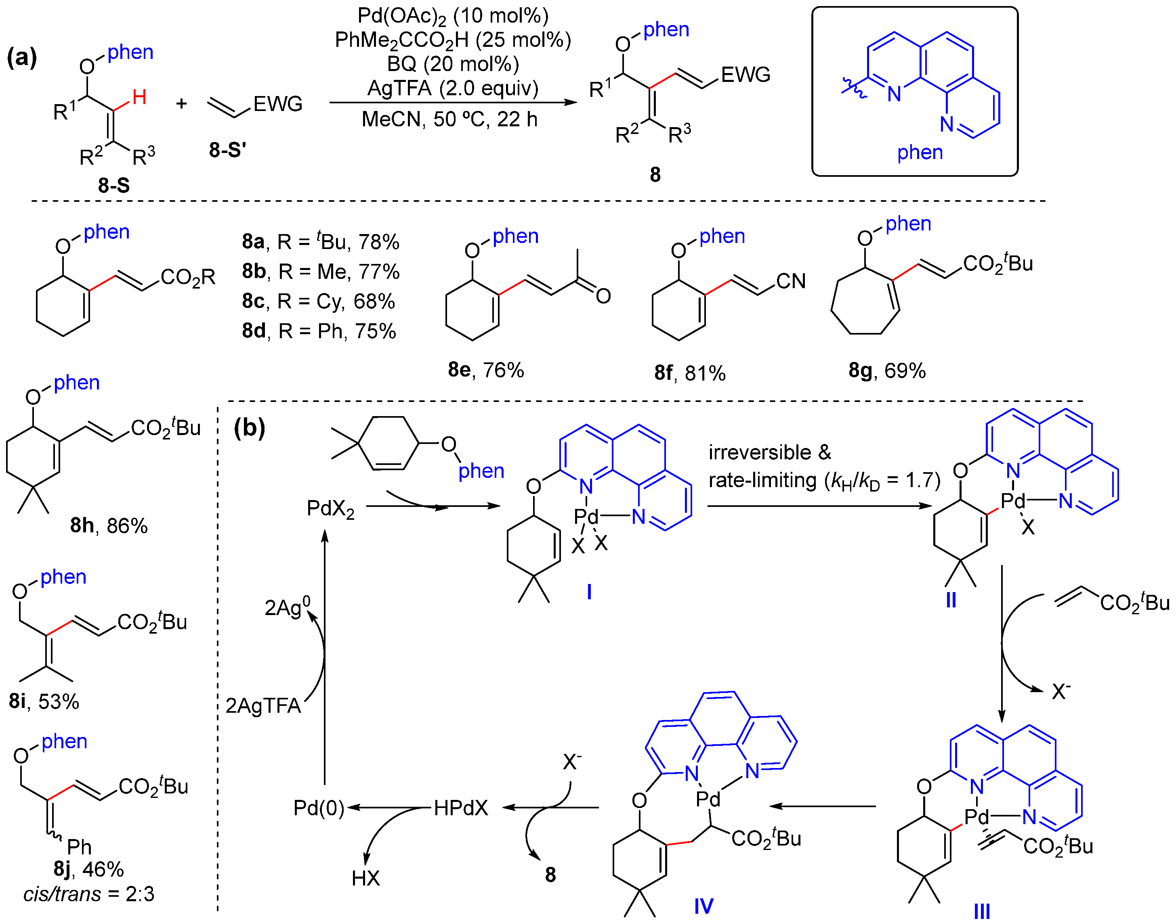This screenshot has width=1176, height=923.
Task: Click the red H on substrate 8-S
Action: [139, 98]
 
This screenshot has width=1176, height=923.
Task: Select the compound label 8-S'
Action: [228, 150]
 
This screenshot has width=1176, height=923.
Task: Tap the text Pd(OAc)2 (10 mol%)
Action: [453, 16]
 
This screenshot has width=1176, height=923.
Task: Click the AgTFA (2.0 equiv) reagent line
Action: [453, 88]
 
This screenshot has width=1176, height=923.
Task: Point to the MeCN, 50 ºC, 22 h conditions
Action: [449, 119]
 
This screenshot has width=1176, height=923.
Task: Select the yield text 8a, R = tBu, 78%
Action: [321, 242]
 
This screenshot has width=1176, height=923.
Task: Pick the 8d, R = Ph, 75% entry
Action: [319, 331]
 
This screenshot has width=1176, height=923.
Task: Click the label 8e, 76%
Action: [485, 370]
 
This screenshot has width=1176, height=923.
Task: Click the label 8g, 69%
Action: [887, 371]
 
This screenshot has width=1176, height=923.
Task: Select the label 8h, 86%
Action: [109, 525]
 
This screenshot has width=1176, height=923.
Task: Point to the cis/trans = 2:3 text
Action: [89, 894]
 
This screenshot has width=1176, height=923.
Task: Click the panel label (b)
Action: [249, 428]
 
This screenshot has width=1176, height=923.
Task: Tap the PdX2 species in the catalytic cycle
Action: [330, 509]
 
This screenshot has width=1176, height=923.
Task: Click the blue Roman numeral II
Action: [951, 600]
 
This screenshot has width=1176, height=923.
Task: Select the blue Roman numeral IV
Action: [703, 906]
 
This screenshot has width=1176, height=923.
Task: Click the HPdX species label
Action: [461, 808]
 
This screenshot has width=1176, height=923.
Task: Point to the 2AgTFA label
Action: [263, 706]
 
